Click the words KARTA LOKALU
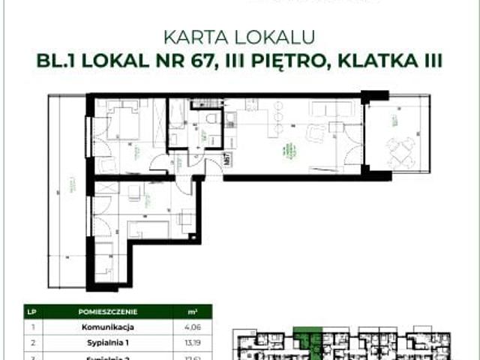tap(240, 36)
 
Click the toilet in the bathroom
tap(212, 120)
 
